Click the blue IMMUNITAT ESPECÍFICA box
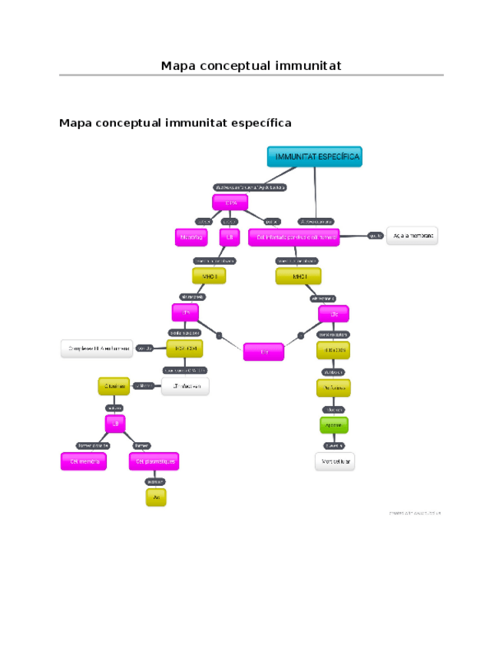(x=314, y=157)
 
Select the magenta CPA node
(x=230, y=202)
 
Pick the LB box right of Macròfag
(x=228, y=237)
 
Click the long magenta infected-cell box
(x=294, y=237)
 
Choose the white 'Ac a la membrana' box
(x=412, y=236)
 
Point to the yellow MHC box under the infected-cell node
(x=299, y=276)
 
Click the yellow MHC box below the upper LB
(x=210, y=276)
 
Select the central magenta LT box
(x=263, y=352)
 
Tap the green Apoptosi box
(x=333, y=425)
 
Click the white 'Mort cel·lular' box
(x=335, y=461)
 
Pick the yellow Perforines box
(x=333, y=388)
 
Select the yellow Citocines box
(x=112, y=386)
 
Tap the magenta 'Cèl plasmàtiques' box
(x=154, y=461)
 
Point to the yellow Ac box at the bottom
(x=156, y=497)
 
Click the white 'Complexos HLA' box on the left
(x=97, y=349)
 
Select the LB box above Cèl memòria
(x=115, y=423)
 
